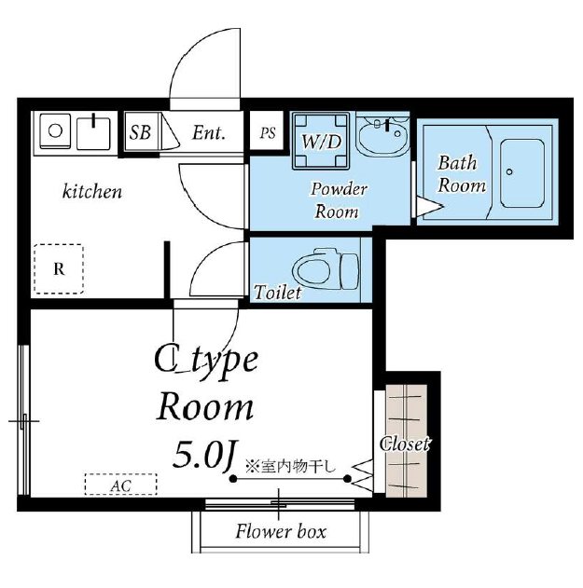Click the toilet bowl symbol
pos(326,269)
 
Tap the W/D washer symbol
pos(321,140)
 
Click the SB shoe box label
pos(140,132)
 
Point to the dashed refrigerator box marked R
pos(59,268)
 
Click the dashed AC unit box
pos(121,485)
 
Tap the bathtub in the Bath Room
pos(522,173)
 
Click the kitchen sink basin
pos(93,133)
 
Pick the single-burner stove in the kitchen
pos(55,131)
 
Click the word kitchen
pos(92,192)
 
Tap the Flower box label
pos(281,531)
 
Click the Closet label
pos(404,444)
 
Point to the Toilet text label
pos(277,293)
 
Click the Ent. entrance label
pos(209,132)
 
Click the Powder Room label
pos(338,200)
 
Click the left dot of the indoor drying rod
pos(233,479)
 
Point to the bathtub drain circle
pos(509,172)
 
